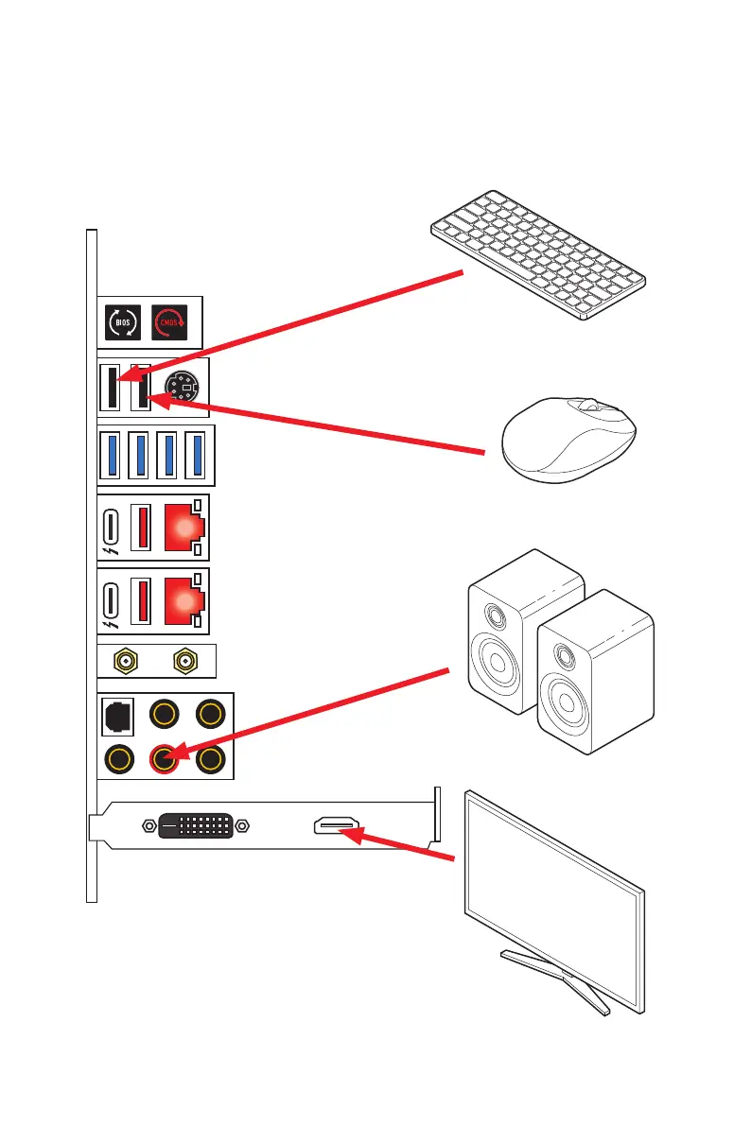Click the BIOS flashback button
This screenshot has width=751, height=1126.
123,322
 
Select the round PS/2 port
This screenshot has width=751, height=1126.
183,388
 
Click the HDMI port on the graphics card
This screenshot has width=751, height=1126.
336,827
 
